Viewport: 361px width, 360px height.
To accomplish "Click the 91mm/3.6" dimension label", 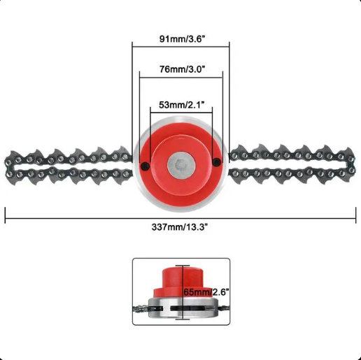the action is coord(182,39).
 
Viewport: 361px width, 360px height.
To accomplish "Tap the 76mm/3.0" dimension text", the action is coord(182,69).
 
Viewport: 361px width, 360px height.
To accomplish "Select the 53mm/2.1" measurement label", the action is coord(182,105).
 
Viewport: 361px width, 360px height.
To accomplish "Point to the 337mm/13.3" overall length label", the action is coord(179,226).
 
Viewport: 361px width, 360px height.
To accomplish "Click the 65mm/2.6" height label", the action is coord(206,291).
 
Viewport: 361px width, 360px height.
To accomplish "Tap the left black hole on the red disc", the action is coord(146,166).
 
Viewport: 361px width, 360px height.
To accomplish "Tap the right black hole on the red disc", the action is coord(217,161).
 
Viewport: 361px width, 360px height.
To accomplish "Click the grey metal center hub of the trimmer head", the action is coord(181,164).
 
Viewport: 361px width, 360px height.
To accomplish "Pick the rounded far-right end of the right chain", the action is coord(352,165).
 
